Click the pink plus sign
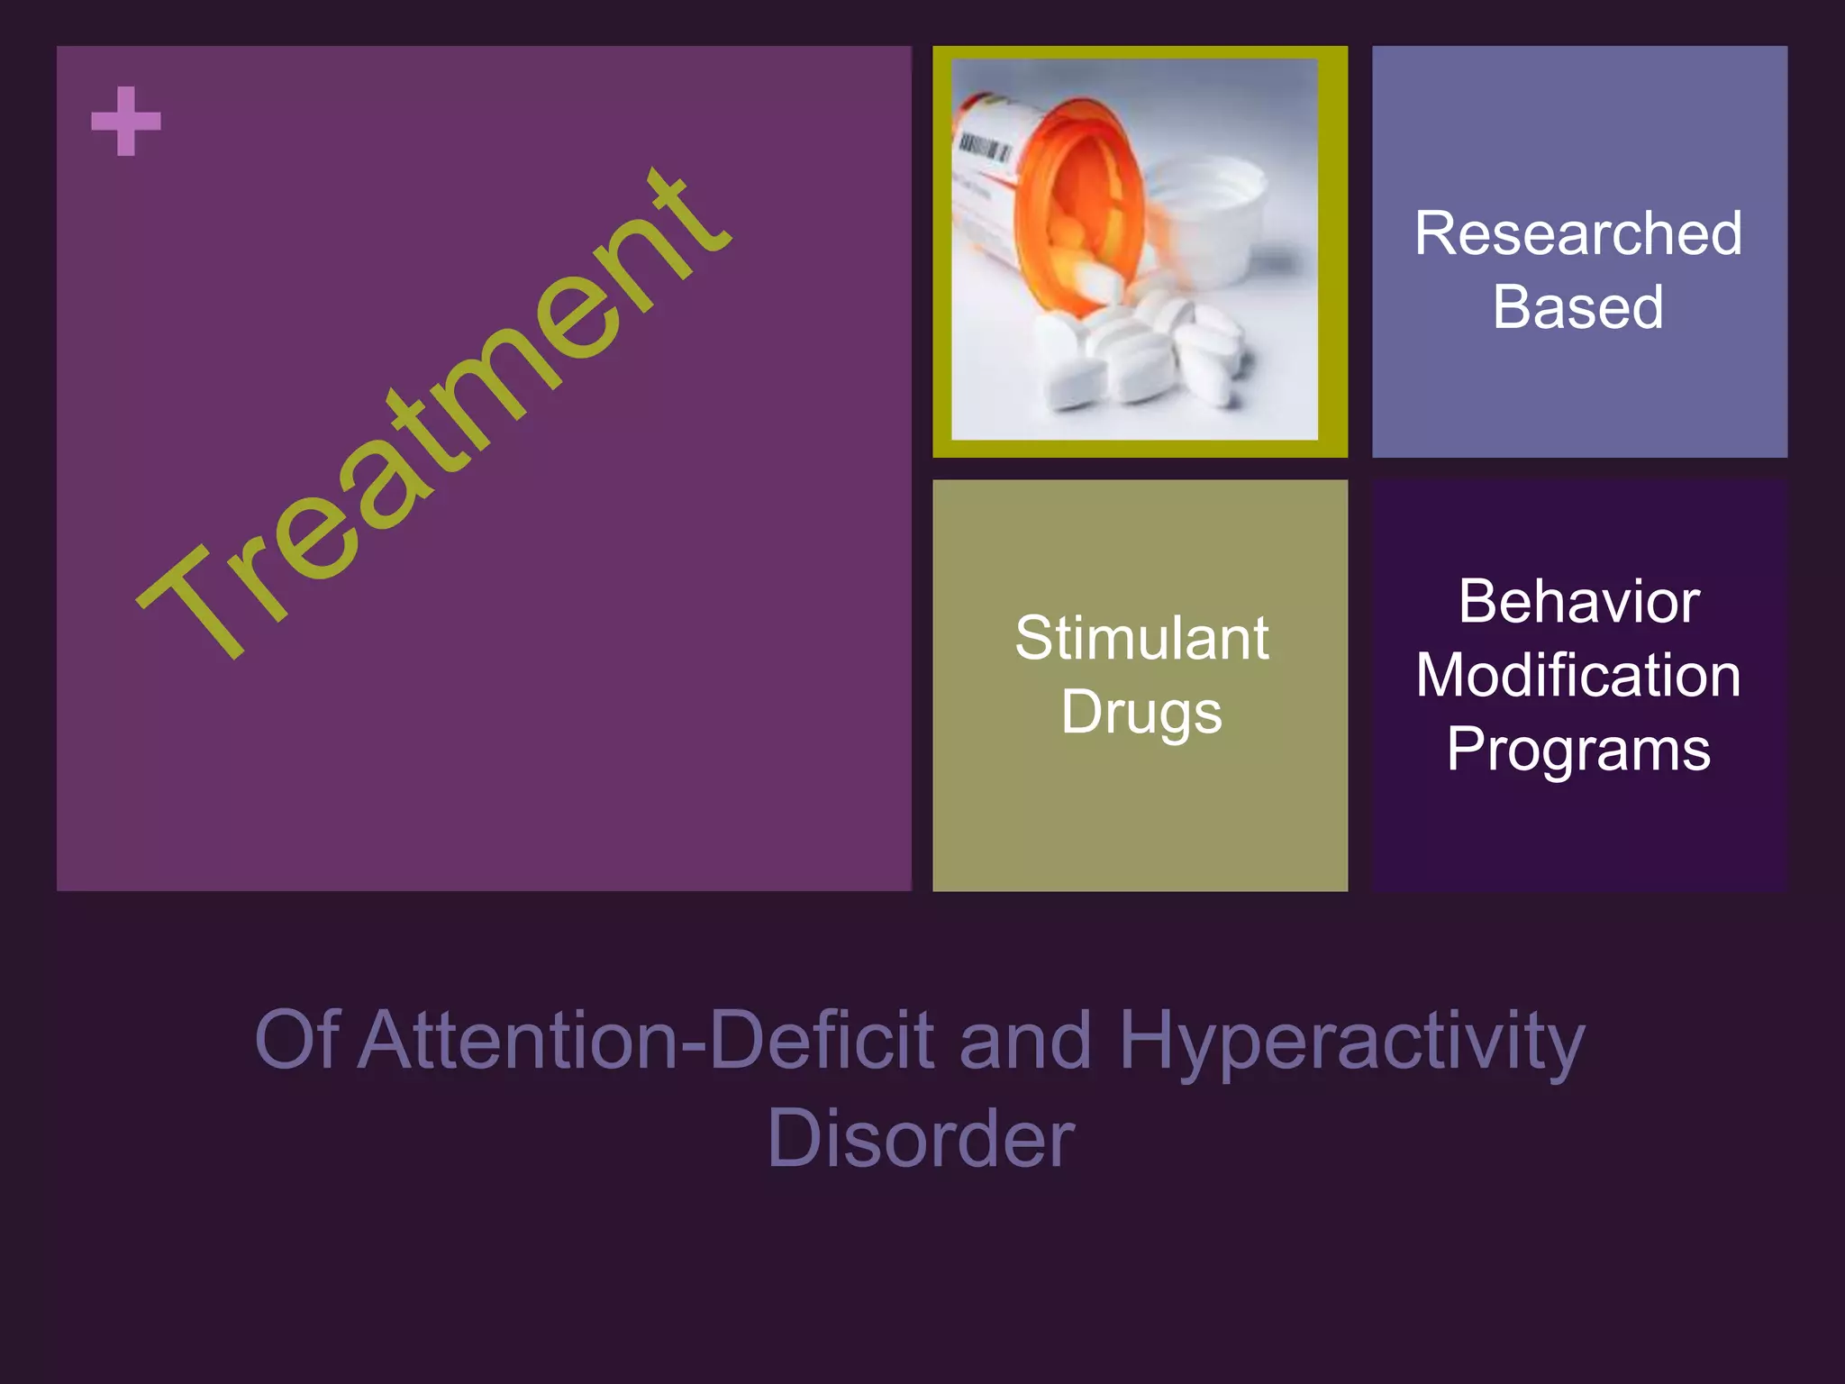pyautogui.click(x=126, y=122)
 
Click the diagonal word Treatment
pyautogui.click(x=432, y=414)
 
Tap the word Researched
pyautogui.click(x=1578, y=233)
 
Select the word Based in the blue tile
pyautogui.click(x=1578, y=306)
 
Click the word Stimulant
pyautogui.click(x=1141, y=638)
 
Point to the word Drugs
pyautogui.click(x=1141, y=712)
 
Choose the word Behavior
pyautogui.click(x=1578, y=601)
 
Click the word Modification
pyautogui.click(x=1578, y=675)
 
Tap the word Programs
pyautogui.click(x=1578, y=750)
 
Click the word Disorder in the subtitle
pyautogui.click(x=921, y=1138)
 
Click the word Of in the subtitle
pyautogui.click(x=296, y=1040)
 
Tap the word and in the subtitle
pyautogui.click(x=1025, y=1040)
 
